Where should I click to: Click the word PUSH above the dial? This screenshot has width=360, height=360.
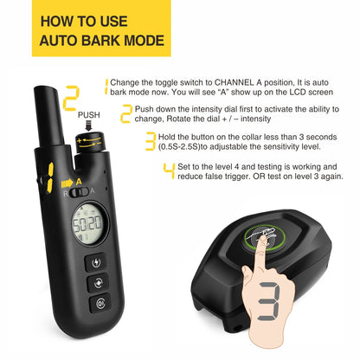pos(89,113)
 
